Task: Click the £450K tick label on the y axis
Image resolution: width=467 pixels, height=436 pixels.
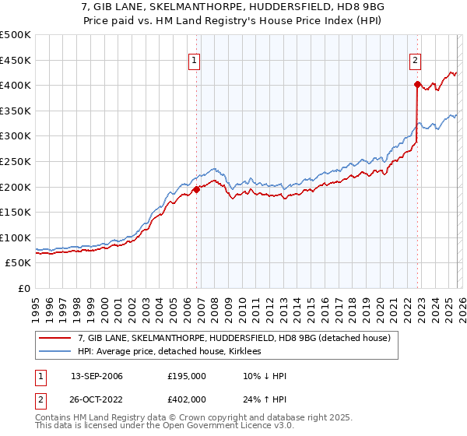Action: coord(16,60)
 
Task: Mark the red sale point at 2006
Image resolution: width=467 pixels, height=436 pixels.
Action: coord(196,189)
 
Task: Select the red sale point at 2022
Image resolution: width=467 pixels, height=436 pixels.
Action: coord(417,84)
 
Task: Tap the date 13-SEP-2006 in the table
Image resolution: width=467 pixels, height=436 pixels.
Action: coord(97,376)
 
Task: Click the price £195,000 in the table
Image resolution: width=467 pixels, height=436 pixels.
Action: coord(187,376)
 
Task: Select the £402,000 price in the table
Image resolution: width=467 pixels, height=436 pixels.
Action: coord(187,399)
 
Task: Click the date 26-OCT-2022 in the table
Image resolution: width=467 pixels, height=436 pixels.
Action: coord(97,399)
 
